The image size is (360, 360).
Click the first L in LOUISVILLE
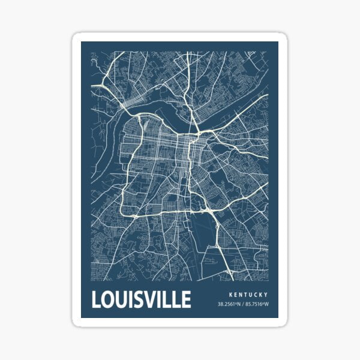(96, 299)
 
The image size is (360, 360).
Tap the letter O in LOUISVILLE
(109, 299)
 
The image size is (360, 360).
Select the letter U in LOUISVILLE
(122, 299)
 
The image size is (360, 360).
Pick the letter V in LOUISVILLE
(152, 299)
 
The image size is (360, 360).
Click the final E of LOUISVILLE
(186, 299)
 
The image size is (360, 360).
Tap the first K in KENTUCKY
(230, 295)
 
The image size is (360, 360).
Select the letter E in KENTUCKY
(235, 295)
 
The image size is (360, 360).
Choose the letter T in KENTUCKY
(247, 295)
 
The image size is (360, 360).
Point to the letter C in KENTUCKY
(257, 295)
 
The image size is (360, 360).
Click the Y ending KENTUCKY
(266, 295)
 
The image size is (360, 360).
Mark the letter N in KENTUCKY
(241, 295)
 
